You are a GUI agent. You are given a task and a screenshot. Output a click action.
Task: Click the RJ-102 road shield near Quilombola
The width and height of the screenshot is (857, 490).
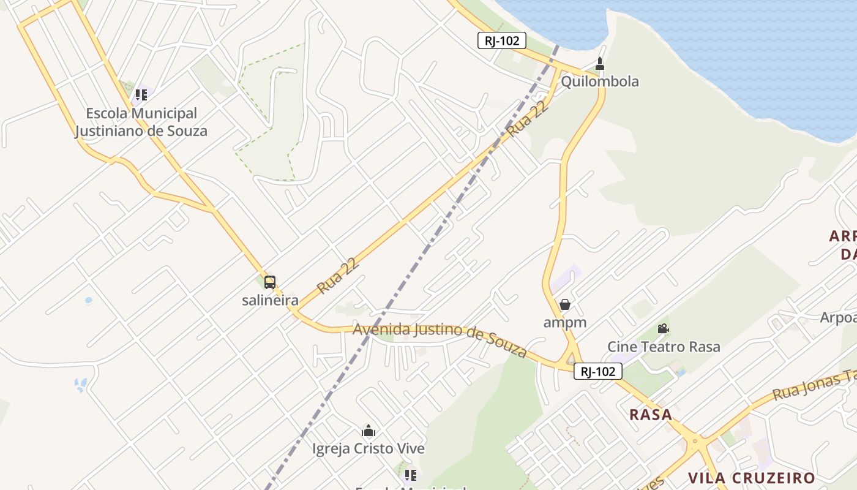tap(501, 41)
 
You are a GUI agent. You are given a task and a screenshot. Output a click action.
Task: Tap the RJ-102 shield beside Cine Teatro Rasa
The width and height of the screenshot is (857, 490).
tap(598, 371)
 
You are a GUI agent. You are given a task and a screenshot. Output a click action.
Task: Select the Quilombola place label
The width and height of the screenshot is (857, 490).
tap(599, 81)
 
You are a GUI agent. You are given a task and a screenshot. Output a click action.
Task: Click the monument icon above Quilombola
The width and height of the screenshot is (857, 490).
tap(600, 63)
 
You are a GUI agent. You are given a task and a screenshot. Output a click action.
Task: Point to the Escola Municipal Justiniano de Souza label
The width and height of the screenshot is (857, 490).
tap(141, 122)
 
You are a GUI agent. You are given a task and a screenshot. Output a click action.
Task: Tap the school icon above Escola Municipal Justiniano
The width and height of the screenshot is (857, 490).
tap(141, 95)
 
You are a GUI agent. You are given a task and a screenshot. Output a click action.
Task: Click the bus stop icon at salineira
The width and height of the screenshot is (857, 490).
tap(270, 282)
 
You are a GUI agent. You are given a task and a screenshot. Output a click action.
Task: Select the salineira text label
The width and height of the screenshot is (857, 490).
tap(270, 300)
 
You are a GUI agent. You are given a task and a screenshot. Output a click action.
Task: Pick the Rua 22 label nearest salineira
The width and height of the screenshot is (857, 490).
tap(337, 276)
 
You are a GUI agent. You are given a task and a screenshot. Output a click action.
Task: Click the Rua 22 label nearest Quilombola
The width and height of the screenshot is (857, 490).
tap(527, 119)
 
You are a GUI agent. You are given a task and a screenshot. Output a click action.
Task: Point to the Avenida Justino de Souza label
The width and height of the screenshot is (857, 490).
tap(440, 339)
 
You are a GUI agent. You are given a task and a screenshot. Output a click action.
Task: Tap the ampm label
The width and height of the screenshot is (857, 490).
tap(565, 322)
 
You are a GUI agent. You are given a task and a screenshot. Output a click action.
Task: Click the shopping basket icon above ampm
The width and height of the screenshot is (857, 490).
tap(565, 304)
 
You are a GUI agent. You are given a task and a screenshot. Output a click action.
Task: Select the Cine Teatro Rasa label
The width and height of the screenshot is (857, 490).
tap(664, 347)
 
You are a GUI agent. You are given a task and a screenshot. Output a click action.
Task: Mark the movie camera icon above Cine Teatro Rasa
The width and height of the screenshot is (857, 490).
tap(663, 329)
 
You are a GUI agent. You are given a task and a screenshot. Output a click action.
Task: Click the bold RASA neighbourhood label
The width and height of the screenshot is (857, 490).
tap(651, 415)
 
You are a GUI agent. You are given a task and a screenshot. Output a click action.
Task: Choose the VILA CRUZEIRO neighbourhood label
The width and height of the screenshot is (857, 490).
tap(751, 478)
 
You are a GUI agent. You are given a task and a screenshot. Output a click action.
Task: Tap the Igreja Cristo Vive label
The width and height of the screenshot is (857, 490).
tap(369, 448)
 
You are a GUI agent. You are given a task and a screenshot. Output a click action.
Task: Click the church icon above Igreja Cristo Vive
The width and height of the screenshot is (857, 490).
tap(369, 431)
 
